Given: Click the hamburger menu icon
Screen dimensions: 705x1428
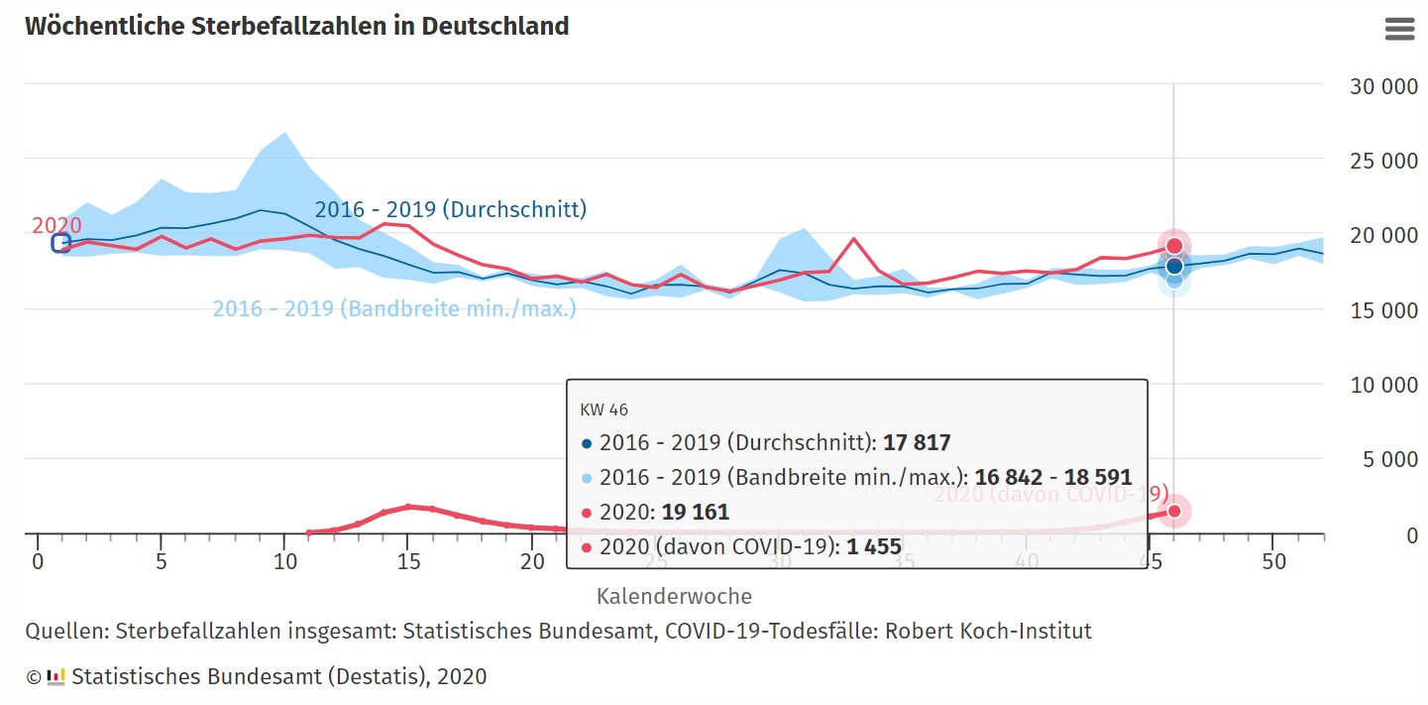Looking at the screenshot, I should pos(1399,29).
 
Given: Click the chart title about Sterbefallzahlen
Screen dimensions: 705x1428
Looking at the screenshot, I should pos(296,26).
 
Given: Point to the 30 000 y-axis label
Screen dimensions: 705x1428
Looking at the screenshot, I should pos(1383,86).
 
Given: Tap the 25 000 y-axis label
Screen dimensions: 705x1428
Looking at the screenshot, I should pos(1383,161).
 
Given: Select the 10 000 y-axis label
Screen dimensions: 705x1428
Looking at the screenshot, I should pos(1383,385).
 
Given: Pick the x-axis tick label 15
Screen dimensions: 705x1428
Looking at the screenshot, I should pos(407,562).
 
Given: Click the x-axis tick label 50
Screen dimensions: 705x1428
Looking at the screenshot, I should pos(1274,562).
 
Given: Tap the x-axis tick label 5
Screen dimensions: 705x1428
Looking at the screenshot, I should pos(161,562).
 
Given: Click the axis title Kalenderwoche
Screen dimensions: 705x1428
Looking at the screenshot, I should pos(674,596).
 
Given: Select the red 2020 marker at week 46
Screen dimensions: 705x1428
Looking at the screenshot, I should pos(1174,246).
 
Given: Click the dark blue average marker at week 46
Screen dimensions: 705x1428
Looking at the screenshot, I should pos(1174,266).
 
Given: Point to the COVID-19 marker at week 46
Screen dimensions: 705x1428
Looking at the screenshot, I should pos(1174,512).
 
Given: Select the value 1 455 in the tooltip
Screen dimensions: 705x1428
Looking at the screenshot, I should pos(873,546).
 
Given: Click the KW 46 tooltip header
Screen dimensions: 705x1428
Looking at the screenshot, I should pos(604,410).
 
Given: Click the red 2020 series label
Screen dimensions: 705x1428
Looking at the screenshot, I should pos(56,225).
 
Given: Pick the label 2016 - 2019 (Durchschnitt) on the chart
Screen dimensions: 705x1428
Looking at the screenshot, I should pos(450,209).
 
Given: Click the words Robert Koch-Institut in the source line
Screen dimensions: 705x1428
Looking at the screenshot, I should pos(988,631).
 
